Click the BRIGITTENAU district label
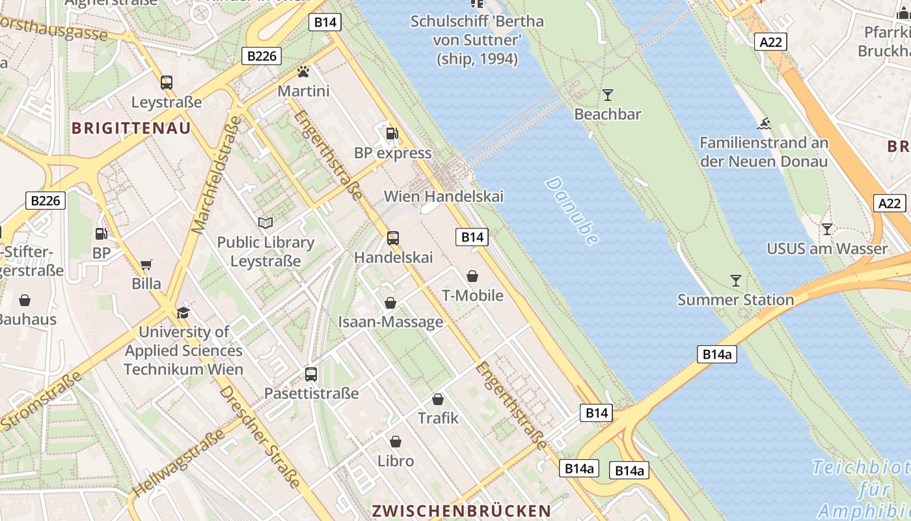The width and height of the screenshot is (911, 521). coord(131,128)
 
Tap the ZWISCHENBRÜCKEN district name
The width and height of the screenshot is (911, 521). coord(461,510)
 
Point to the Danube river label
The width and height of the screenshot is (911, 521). coord(572,211)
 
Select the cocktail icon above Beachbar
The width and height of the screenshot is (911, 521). coord(608,95)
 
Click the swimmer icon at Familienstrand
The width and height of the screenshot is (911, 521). coord(764,124)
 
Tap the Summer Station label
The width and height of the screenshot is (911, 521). coord(735,300)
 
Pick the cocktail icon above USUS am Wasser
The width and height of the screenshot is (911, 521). coord(826,229)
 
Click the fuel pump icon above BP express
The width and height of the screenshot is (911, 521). coord(392,134)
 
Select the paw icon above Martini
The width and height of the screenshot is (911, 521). coord(303,72)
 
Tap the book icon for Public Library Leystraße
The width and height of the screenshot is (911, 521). coord(265,223)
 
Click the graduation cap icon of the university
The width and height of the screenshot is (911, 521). coord(184,313)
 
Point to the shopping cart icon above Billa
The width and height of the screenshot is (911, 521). coord(146,265)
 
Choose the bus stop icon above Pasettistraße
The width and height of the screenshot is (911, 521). coord(311,374)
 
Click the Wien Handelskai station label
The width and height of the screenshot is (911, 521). coord(443,196)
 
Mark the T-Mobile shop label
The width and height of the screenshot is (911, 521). coord(472,296)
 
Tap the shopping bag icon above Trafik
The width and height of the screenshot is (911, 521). coord(438,399)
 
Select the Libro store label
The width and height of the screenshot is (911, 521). coord(396,460)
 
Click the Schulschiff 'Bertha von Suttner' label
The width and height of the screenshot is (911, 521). coord(477,40)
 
